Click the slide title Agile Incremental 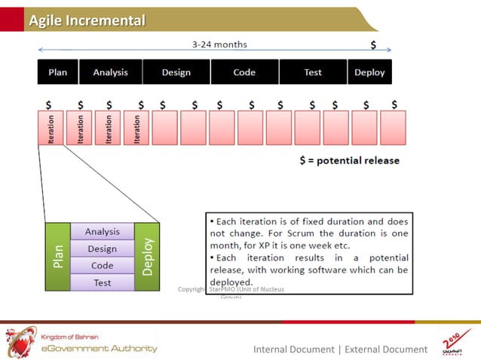(x=87, y=20)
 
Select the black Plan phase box (x=57, y=72)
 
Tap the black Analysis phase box (x=110, y=72)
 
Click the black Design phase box (x=176, y=72)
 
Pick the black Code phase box (x=244, y=72)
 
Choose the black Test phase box (x=313, y=72)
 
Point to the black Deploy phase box (x=369, y=72)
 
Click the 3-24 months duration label (x=219, y=44)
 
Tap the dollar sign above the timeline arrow (x=373, y=45)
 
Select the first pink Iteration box (x=51, y=128)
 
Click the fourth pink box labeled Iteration (x=136, y=128)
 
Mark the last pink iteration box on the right (x=393, y=128)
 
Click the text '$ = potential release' (x=349, y=160)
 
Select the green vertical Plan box (x=57, y=257)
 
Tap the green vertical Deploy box (x=148, y=257)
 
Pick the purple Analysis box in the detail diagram (x=103, y=232)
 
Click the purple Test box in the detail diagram (x=103, y=282)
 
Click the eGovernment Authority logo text (x=99, y=348)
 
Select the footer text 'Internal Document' (x=293, y=349)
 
